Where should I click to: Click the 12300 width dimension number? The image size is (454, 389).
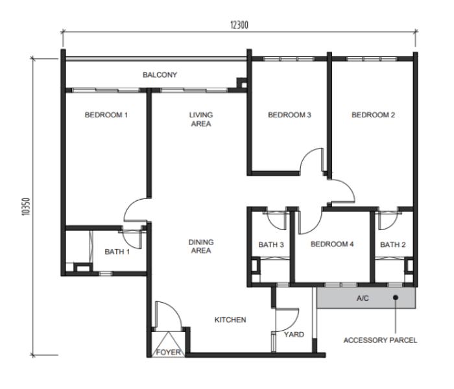point(239,25)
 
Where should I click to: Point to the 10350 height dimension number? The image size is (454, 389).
point(26,206)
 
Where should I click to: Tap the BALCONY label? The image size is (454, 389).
point(160,75)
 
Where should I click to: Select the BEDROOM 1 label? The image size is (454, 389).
point(106,115)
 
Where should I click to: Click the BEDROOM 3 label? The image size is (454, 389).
point(289,115)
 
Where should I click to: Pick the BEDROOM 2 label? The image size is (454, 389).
point(373,115)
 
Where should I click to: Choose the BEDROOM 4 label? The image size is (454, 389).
point(332,244)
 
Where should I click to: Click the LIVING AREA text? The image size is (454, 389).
point(201,119)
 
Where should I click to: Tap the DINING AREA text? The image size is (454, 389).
point(201,246)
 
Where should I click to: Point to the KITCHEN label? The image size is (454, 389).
point(230,320)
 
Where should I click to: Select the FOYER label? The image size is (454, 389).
point(168,352)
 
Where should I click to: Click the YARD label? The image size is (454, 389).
point(294,335)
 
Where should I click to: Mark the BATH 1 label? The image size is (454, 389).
point(117,252)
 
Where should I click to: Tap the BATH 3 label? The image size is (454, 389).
point(271,245)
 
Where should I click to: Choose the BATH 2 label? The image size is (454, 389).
point(392,245)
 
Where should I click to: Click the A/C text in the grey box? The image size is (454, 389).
point(363,298)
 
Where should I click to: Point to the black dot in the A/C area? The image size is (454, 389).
point(396,297)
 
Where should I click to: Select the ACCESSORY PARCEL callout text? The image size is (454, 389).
point(380,340)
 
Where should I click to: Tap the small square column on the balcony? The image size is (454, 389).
point(243,84)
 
